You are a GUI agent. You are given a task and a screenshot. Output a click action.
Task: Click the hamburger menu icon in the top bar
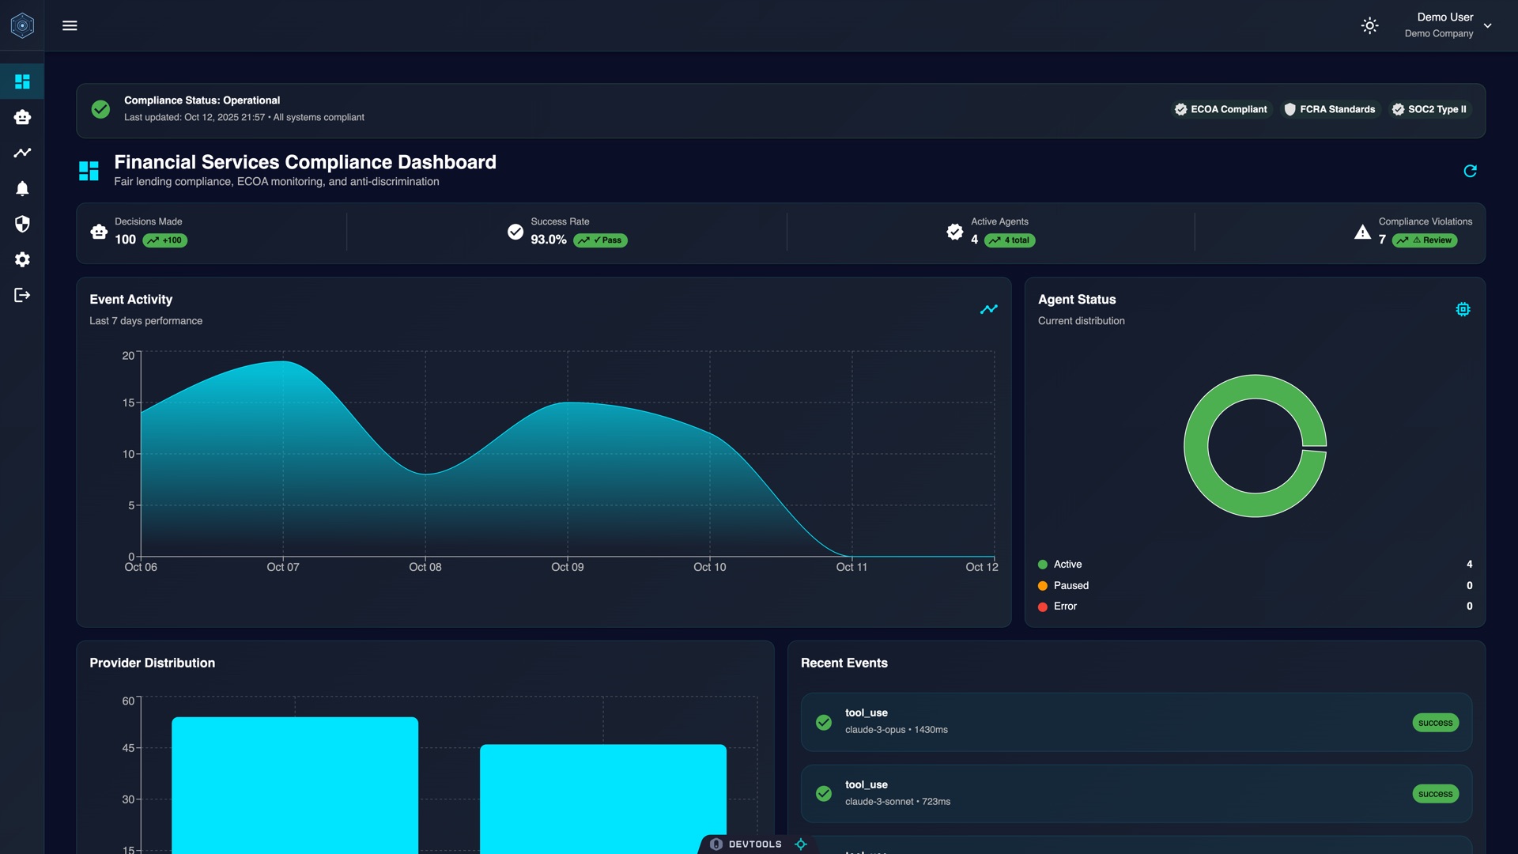coord(70,25)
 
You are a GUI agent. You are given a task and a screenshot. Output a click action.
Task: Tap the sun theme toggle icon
coord(1369,25)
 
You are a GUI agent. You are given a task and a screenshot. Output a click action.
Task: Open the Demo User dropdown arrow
coord(1487,25)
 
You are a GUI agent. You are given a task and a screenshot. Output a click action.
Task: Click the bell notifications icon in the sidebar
coord(22,188)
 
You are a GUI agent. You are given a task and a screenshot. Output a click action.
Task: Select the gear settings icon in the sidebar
coord(22,259)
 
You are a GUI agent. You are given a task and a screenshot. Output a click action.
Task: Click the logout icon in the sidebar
coord(22,295)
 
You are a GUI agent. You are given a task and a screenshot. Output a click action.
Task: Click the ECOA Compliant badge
coord(1221,109)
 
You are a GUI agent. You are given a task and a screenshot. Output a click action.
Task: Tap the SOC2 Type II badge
coord(1429,109)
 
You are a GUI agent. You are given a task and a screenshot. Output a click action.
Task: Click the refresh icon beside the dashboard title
coord(1470,171)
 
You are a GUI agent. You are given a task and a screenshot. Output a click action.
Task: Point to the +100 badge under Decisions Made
coord(165,240)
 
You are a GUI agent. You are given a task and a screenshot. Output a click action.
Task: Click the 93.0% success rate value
coord(548,240)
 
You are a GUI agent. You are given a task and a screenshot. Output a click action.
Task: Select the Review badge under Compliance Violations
coord(1425,240)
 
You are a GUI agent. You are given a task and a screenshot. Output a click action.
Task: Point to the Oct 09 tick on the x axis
coord(567,567)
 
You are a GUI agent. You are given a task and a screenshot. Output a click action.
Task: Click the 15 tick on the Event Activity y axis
coord(128,402)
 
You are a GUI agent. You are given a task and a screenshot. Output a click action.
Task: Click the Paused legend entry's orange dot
coord(1042,586)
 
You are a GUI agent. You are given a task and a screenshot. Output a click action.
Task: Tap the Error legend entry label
coord(1065,606)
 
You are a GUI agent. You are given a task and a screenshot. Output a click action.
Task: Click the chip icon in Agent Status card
coord(1463,309)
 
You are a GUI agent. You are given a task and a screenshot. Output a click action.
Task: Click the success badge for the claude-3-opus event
coord(1435,723)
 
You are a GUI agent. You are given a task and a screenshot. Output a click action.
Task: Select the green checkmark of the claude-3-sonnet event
coord(823,793)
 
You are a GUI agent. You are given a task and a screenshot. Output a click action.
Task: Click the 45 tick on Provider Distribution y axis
coord(128,748)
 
